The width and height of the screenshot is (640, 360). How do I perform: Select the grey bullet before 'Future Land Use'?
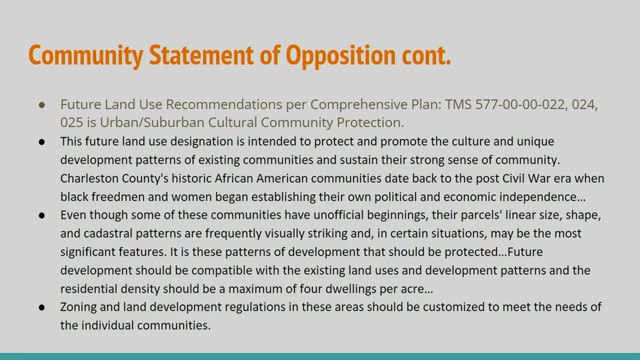click(41, 104)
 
